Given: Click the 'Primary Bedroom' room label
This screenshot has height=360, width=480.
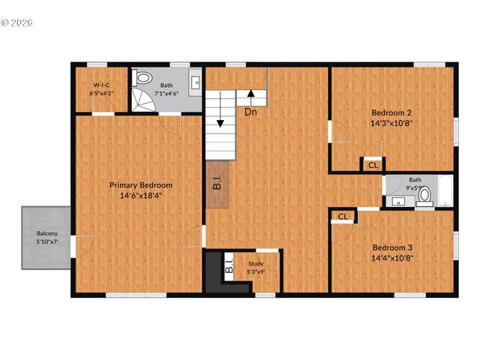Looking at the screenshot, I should (141, 185).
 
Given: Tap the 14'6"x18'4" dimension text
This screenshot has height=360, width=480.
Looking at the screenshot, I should (141, 195).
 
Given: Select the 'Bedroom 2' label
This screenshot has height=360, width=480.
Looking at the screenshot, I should (393, 113).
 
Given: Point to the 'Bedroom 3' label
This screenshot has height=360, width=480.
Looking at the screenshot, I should (393, 247).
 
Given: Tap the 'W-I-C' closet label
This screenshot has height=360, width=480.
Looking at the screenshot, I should (102, 85).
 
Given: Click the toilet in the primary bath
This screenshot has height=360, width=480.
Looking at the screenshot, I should (142, 78).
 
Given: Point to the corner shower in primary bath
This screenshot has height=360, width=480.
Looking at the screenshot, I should (141, 100).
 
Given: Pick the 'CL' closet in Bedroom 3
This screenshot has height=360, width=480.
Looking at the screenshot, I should (343, 217).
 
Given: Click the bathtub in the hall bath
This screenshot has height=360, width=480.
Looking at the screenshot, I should (444, 192).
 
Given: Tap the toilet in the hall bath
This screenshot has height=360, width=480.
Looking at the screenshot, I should (425, 195).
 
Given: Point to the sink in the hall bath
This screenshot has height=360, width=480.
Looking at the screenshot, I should (397, 200).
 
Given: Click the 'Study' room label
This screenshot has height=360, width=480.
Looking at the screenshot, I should (256, 263).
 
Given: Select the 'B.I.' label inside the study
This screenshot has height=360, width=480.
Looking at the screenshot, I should (231, 265).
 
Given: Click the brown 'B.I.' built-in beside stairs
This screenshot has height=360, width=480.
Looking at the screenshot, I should (217, 183).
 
